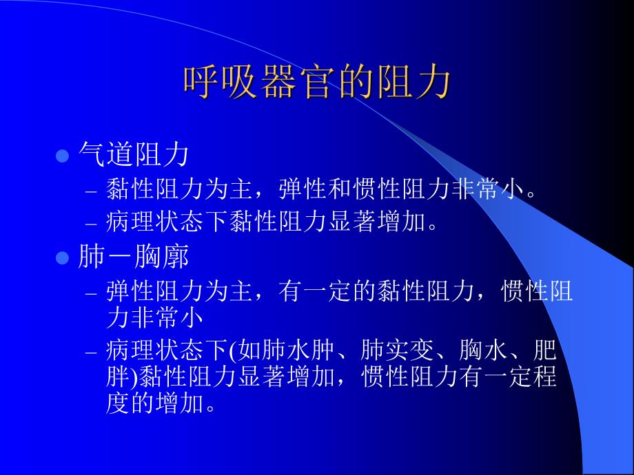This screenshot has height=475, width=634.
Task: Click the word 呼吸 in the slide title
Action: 220,82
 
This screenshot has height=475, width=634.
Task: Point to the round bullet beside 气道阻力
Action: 62,156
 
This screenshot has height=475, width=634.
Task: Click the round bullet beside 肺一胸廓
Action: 62,259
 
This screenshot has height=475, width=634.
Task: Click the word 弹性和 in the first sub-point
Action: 314,189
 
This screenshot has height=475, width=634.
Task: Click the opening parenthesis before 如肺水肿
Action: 231,352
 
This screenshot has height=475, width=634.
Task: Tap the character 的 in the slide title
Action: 356,82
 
